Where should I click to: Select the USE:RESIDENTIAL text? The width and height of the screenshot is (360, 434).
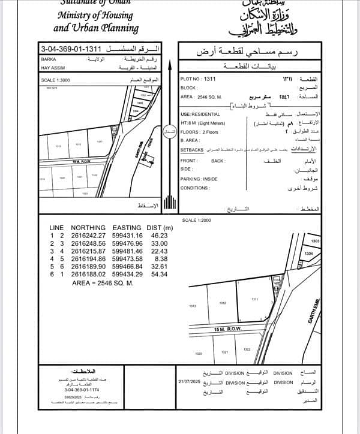click(200, 114)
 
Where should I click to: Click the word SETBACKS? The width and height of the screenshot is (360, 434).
click(193, 149)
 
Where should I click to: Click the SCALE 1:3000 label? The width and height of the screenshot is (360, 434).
click(56, 79)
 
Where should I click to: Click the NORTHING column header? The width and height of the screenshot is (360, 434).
click(88, 228)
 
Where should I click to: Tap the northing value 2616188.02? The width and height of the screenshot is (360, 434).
click(88, 274)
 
